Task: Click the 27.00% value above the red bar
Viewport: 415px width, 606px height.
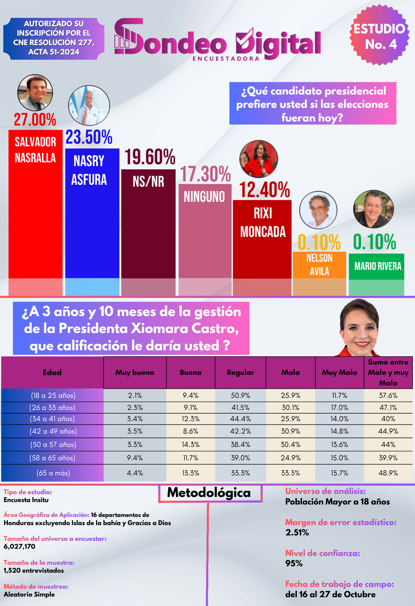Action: pyautogui.click(x=35, y=119)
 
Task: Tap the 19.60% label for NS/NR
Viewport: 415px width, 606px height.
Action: pyautogui.click(x=150, y=157)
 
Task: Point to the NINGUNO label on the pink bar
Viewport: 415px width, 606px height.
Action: pyautogui.click(x=204, y=197)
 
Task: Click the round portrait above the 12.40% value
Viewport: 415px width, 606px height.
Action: pyautogui.click(x=259, y=159)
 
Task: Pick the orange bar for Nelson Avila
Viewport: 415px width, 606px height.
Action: pyautogui.click(x=319, y=265)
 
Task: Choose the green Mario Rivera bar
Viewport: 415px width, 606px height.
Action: pyautogui.click(x=377, y=266)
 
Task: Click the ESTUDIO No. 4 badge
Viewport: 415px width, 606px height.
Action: pyautogui.click(x=379, y=36)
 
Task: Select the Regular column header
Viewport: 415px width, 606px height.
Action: pyautogui.click(x=240, y=372)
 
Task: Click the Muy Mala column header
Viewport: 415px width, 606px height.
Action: pyautogui.click(x=339, y=372)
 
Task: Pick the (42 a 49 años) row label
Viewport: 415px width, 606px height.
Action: pyautogui.click(x=53, y=431)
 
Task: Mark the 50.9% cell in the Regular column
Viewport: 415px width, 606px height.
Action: pyautogui.click(x=240, y=395)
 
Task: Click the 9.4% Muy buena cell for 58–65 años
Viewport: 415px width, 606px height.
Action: pyautogui.click(x=135, y=458)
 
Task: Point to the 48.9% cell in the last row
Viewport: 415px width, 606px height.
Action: pyautogui.click(x=388, y=473)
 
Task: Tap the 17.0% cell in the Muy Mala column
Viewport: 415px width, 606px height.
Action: pyautogui.click(x=339, y=408)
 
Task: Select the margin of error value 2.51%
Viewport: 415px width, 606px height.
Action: pyautogui.click(x=297, y=532)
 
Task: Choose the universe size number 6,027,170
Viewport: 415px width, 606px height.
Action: pyautogui.click(x=19, y=546)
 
